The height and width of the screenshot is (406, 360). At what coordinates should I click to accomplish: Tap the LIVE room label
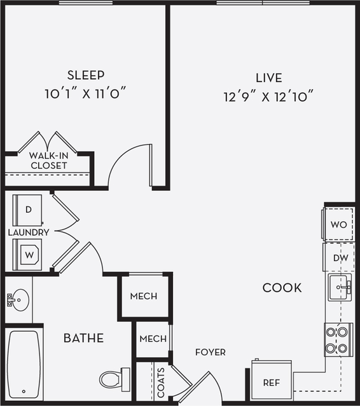pyautogui.click(x=269, y=78)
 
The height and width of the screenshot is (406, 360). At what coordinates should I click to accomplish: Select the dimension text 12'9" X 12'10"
pyautogui.click(x=269, y=97)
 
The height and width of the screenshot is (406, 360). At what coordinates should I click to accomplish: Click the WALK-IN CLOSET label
pyautogui.click(x=48, y=160)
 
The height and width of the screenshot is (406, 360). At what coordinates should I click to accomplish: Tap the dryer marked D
pyautogui.click(x=29, y=209)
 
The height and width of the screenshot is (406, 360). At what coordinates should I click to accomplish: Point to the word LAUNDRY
pyautogui.click(x=29, y=233)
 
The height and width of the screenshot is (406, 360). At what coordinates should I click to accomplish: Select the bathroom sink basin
pyautogui.click(x=20, y=297)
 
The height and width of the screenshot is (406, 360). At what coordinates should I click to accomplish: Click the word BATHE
pyautogui.click(x=83, y=338)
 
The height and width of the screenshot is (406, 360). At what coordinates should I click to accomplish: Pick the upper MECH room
pyautogui.click(x=144, y=297)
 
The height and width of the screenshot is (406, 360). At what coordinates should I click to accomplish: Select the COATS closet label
pyautogui.click(x=160, y=382)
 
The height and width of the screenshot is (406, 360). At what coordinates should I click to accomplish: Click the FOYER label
pyautogui.click(x=210, y=352)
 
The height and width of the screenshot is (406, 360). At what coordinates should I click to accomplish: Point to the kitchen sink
pyautogui.click(x=341, y=288)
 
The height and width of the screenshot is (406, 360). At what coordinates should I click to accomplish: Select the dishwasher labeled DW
pyautogui.click(x=339, y=258)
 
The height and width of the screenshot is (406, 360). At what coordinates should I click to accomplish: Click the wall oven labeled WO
pyautogui.click(x=338, y=225)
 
